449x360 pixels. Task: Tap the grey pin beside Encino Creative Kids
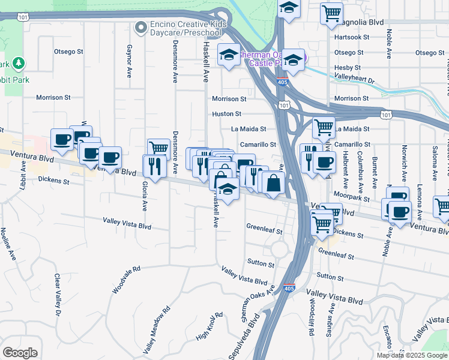(x=141, y=27)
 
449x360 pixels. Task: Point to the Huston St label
(x=226, y=113)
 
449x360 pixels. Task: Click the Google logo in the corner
(x=20, y=353)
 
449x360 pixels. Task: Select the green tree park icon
(x=19, y=63)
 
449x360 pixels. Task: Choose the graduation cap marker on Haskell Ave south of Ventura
(x=228, y=189)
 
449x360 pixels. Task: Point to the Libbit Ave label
(x=23, y=174)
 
